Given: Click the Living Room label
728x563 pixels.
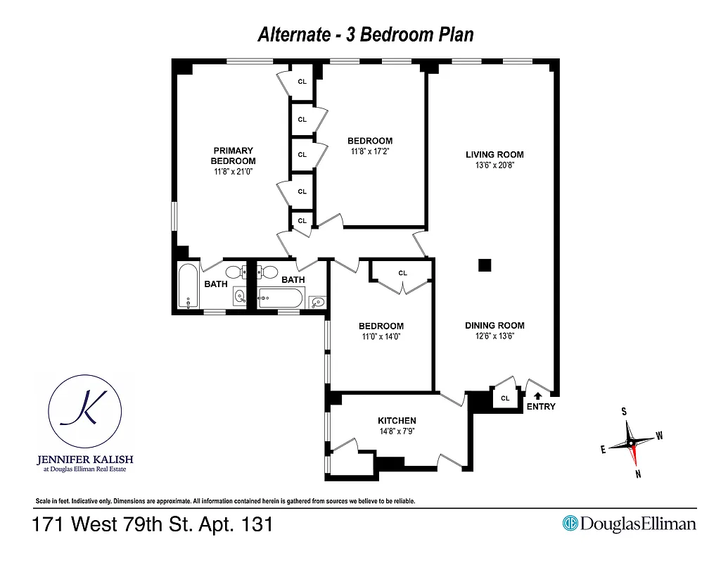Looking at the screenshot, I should click(x=494, y=155).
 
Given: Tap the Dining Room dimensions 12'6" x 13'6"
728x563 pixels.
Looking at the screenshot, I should click(x=494, y=336).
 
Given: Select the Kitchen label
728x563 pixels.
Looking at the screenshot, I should click(x=397, y=421).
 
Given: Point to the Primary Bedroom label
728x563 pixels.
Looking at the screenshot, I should click(x=233, y=156).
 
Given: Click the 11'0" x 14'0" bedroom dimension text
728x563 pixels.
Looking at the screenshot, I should click(x=381, y=336).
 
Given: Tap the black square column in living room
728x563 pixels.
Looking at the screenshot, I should click(x=484, y=265).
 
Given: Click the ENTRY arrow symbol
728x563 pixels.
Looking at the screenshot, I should click(x=539, y=396).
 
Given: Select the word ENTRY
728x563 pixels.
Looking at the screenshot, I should click(x=540, y=407).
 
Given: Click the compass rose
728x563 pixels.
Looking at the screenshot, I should click(x=631, y=443).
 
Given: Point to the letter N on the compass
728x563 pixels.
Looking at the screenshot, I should click(x=638, y=474).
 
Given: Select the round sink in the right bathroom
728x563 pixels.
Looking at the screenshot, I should click(x=317, y=301).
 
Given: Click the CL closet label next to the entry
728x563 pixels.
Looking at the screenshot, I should click(x=504, y=398).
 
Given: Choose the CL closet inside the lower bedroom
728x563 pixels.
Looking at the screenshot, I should click(x=402, y=273).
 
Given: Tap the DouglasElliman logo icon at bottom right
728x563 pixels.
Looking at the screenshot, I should click(x=570, y=524).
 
